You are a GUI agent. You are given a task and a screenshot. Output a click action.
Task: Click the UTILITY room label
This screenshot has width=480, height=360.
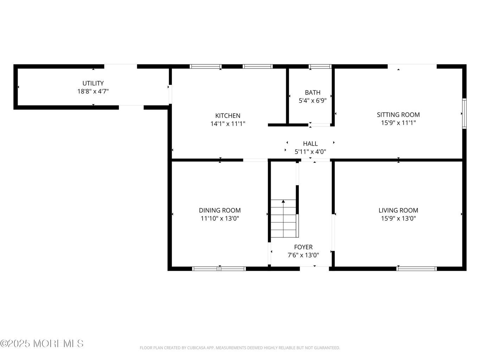(93, 83)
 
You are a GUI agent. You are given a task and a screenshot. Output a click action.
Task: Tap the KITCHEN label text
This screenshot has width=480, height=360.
(228, 116)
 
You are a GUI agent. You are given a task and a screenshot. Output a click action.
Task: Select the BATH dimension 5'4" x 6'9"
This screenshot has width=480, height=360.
(313, 101)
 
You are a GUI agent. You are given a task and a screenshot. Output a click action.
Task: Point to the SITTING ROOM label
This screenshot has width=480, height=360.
(398, 115)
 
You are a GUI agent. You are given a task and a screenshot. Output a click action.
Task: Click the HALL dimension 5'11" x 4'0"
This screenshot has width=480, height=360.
(310, 152)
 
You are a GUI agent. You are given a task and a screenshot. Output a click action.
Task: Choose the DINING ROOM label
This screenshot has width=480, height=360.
(220, 211)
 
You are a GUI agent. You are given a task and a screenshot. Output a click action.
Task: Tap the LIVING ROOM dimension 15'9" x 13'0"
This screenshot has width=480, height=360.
(398, 218)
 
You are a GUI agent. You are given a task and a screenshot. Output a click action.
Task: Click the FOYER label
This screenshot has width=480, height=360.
(303, 247)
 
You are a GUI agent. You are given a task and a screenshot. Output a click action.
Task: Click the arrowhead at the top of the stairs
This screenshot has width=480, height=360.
(283, 201)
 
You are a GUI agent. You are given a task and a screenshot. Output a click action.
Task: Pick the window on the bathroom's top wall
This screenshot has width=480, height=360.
(320, 66)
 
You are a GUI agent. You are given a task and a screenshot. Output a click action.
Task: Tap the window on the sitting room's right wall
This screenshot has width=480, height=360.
(464, 114)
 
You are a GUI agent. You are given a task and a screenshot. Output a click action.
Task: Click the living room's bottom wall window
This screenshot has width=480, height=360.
(416, 269)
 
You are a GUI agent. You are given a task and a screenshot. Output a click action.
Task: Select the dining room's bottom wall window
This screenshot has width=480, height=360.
(219, 269)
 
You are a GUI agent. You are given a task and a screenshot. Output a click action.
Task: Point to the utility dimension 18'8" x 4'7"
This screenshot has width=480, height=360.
(93, 91)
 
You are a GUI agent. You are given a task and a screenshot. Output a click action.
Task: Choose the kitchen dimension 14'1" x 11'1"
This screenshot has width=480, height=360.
(228, 124)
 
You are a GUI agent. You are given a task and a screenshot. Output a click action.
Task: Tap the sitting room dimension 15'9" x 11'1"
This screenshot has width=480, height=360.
(398, 123)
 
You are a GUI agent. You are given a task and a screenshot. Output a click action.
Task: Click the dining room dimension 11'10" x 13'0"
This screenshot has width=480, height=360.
(220, 218)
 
